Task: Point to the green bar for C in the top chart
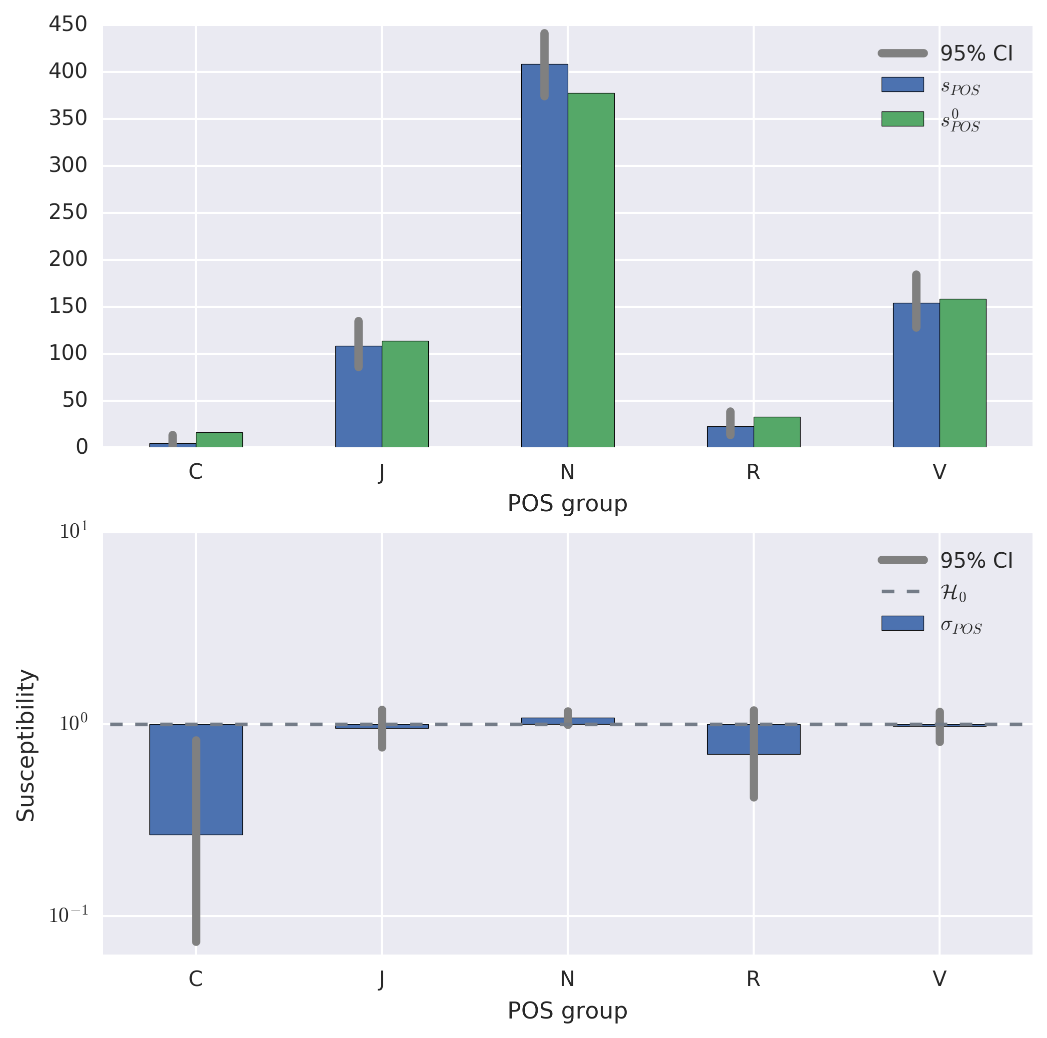219,440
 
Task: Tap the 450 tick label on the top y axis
68,24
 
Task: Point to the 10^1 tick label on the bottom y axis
73,532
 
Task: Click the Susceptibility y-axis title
25,746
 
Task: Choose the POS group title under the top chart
567,504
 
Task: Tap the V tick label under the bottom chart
939,979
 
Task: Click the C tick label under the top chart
195,472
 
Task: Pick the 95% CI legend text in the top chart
976,53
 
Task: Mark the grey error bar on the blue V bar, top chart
916,301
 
